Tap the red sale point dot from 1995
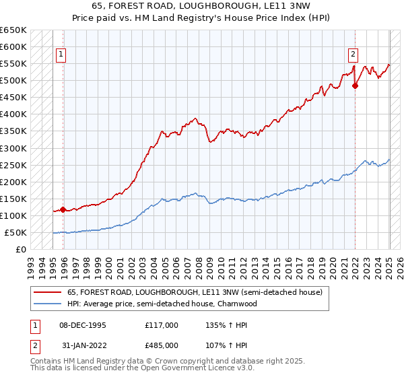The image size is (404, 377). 63,209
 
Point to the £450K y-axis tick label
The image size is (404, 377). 13,98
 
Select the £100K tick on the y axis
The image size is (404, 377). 13,216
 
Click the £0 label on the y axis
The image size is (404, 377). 20,250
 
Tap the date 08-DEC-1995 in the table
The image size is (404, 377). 83,325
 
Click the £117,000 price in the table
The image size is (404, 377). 162,325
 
